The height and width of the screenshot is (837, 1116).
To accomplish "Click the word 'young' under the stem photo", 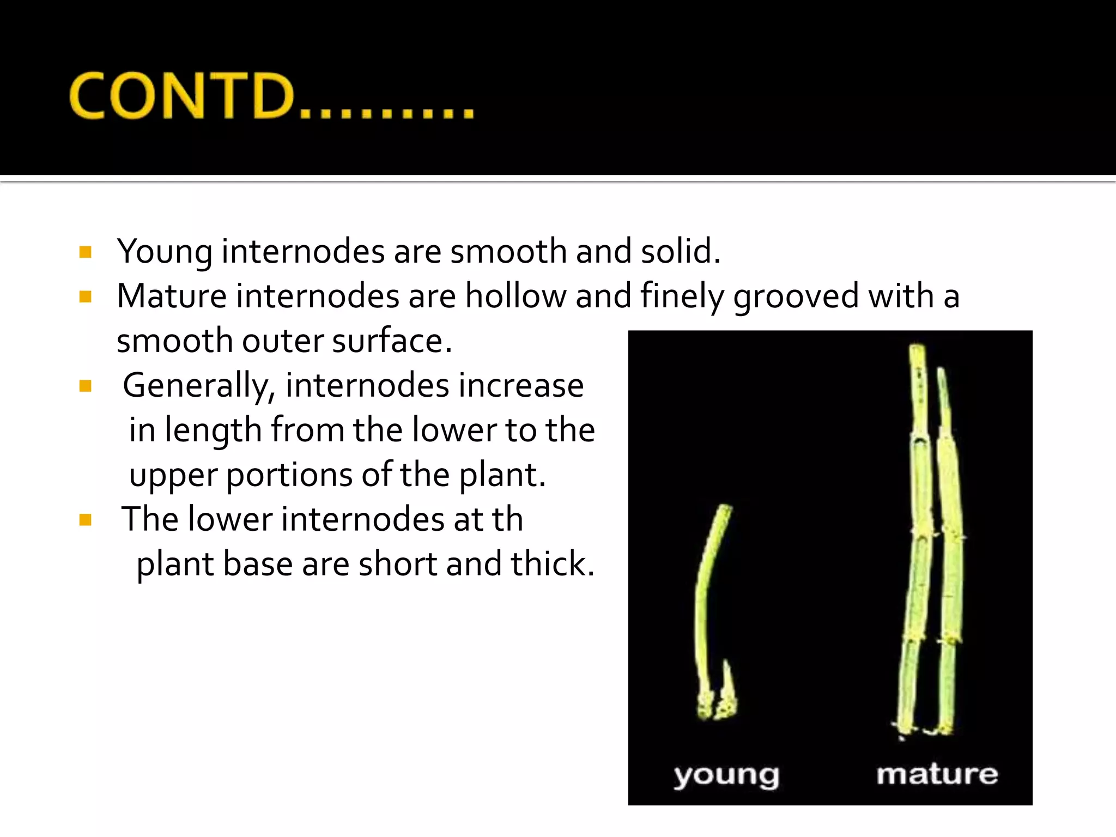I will coord(726,775).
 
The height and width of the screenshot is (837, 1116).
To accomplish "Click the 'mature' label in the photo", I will coord(937,774).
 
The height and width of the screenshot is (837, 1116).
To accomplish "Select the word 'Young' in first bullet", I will coord(165,252).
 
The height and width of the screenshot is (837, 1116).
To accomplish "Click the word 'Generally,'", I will coord(199,386).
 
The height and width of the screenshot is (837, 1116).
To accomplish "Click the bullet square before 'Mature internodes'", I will coord(85,296).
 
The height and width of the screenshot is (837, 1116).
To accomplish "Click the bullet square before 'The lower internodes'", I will coord(85,519).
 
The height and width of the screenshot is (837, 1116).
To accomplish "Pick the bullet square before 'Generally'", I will coord(85,386).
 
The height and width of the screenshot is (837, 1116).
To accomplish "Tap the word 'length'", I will coord(214,431).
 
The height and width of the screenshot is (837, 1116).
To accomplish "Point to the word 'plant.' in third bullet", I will coord(501,475).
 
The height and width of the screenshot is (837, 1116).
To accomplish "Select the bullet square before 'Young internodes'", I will coord(85,252).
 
